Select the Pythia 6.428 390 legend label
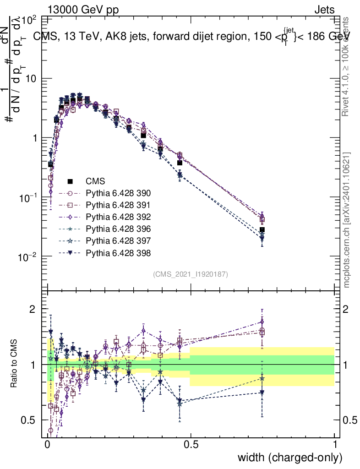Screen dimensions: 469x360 coord(121,193)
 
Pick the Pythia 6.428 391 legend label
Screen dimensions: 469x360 coord(121,205)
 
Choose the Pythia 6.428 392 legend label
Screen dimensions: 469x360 coord(121,217)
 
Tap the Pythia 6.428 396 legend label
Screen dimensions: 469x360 coord(121,229)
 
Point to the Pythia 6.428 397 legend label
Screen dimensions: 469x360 coord(121,240)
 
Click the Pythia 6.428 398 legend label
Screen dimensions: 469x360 coord(121,252)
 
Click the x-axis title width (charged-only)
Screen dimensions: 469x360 coord(290,457)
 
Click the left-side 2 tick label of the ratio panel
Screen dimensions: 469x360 coord(32,309)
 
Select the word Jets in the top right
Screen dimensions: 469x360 coord(324,10)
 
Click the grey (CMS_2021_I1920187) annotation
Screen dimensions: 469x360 coord(191,274)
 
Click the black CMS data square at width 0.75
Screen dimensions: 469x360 coord(262,230)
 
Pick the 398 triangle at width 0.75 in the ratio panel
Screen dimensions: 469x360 coord(262,393)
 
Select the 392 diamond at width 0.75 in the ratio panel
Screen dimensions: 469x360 coord(262,322)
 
